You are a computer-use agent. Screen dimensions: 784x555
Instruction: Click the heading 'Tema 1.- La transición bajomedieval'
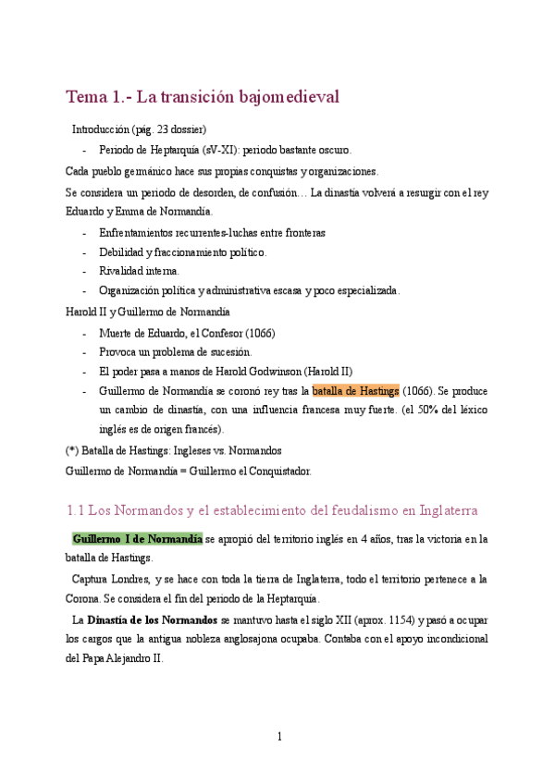tap(203, 96)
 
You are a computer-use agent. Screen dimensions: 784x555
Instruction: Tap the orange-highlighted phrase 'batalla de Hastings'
tap(356, 390)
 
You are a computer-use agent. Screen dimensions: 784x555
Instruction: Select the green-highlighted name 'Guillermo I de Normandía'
tap(137, 539)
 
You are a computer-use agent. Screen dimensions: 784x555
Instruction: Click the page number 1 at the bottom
tap(278, 737)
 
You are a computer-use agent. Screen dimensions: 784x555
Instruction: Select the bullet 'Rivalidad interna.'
tap(139, 271)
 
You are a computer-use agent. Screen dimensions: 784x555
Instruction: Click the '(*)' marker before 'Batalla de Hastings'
tap(72, 450)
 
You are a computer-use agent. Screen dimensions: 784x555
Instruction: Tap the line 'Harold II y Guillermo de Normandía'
tap(148, 312)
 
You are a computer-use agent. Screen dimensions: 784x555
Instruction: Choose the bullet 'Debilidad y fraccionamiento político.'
tap(182, 251)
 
